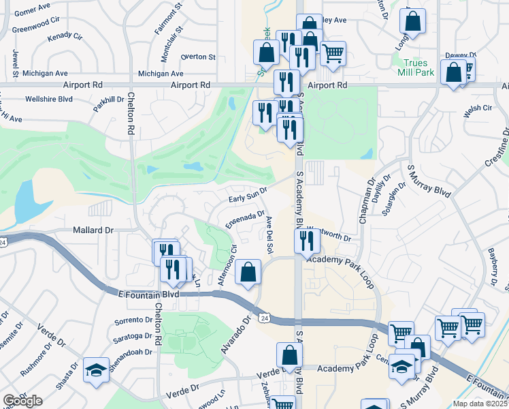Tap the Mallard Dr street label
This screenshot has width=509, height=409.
point(93,230)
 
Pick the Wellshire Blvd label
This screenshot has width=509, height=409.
point(48,99)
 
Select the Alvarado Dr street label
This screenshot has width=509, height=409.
point(236,332)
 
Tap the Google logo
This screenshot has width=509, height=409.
point(22,401)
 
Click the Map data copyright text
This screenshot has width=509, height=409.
point(480,404)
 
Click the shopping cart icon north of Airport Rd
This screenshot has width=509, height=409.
point(333,52)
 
